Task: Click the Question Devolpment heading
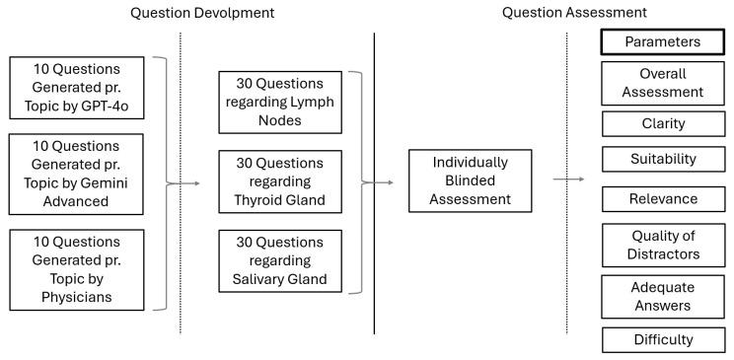tap(203, 13)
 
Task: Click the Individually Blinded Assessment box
tap(471, 180)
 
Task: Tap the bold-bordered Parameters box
tap(663, 42)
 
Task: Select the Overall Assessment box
tap(663, 83)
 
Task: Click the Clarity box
tap(663, 123)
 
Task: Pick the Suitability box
tap(663, 159)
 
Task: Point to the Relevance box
tap(663, 199)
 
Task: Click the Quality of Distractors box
tap(663, 244)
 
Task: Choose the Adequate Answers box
tap(663, 296)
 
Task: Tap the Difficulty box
tap(663, 339)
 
